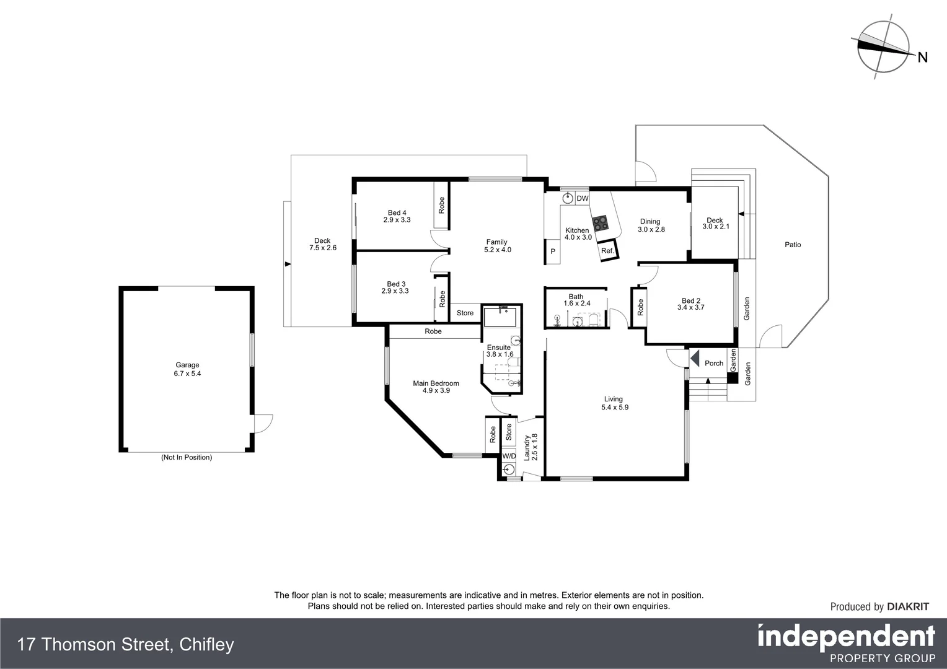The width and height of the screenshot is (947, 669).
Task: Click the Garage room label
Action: coord(187,365)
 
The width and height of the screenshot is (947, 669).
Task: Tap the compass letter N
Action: coord(922,58)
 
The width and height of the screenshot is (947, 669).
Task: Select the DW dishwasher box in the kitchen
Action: coord(582,198)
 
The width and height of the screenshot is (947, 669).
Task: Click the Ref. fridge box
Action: coord(607,251)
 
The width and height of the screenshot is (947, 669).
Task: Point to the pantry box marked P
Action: coord(553,251)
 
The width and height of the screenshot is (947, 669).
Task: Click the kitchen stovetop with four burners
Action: coord(600,222)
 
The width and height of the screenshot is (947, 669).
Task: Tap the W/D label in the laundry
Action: coord(509,456)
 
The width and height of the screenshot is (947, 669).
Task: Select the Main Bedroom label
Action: coord(436,383)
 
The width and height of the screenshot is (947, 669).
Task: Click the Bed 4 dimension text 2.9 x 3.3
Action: coord(397,220)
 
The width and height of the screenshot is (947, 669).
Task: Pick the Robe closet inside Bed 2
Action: coord(640,306)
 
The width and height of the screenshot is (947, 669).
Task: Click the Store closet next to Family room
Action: coord(465,313)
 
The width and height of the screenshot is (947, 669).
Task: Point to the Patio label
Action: coord(793,245)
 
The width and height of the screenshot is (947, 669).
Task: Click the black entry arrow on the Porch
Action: coord(695,359)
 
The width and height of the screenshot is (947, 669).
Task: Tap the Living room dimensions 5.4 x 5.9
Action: coord(614,407)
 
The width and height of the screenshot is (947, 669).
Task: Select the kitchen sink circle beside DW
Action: coord(568,198)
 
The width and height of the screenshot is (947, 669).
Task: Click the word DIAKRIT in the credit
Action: coord(908,607)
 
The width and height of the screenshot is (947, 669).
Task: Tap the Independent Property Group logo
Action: coord(846,643)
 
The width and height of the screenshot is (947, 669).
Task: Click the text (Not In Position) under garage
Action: coord(187,457)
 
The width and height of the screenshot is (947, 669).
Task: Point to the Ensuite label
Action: coord(498,348)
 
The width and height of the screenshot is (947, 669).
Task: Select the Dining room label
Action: coord(650,221)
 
